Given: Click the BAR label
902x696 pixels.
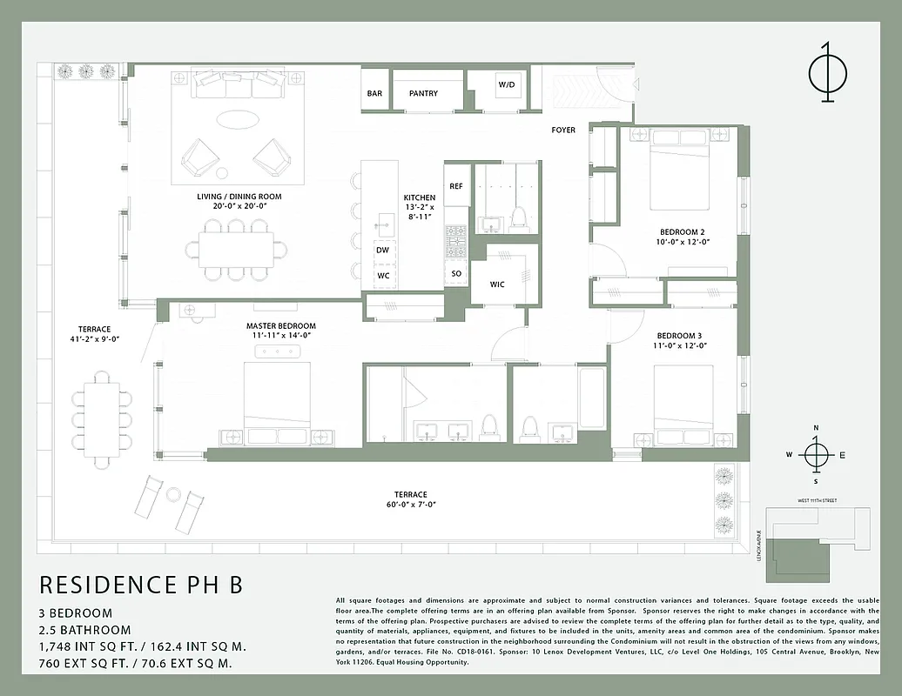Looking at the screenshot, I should (374, 93).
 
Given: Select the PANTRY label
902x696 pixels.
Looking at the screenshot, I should (423, 93).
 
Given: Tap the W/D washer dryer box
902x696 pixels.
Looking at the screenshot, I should (506, 85).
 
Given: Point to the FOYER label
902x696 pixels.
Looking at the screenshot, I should (563, 130).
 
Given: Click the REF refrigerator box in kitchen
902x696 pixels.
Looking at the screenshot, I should (456, 186).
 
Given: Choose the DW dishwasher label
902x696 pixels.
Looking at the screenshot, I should (382, 250).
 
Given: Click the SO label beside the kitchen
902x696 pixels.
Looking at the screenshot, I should (456, 273).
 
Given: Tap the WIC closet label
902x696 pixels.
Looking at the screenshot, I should (497, 284).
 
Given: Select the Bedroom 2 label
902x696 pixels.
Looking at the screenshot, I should (682, 232).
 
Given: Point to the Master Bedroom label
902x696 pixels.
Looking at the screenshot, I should (280, 326).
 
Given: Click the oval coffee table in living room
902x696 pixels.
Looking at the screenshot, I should (237, 119).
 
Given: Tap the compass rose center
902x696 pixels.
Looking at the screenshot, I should (816, 455).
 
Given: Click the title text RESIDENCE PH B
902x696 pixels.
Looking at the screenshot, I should (141, 585).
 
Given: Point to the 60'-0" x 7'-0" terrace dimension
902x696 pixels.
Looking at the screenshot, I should (411, 505).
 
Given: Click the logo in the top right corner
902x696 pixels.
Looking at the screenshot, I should (827, 75).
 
